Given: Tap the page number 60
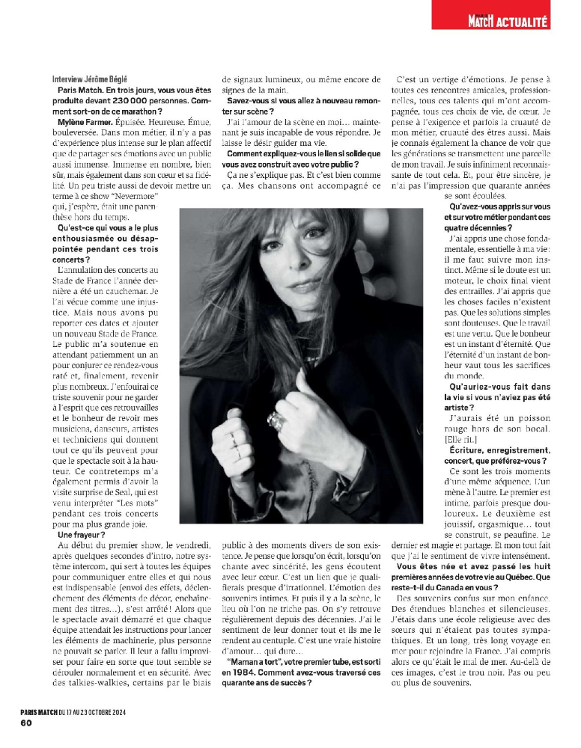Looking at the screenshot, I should (x=25, y=723).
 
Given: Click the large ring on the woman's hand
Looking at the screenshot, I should (x=277, y=422).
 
